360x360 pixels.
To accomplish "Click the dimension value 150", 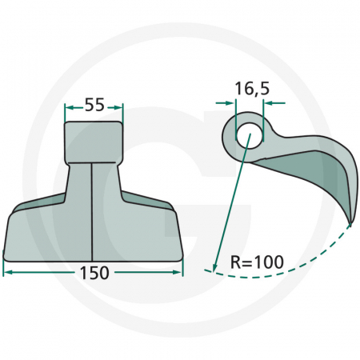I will click(x=94, y=273).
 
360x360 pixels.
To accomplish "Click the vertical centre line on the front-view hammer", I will click(x=93, y=208).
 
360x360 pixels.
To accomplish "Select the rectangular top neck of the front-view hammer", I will click(x=94, y=140).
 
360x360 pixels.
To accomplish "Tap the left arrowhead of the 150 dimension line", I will click(x=7, y=273).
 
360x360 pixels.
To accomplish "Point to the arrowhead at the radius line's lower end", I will click(x=215, y=266).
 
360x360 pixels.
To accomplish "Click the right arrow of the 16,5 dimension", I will click(x=266, y=102).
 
